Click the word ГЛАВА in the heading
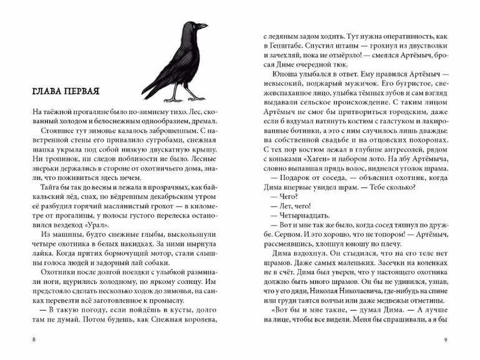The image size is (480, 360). pyautogui.click(x=43, y=92)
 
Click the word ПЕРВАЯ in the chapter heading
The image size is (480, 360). pyautogui.click(x=79, y=92)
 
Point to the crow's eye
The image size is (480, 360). pyautogui.click(x=194, y=24)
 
